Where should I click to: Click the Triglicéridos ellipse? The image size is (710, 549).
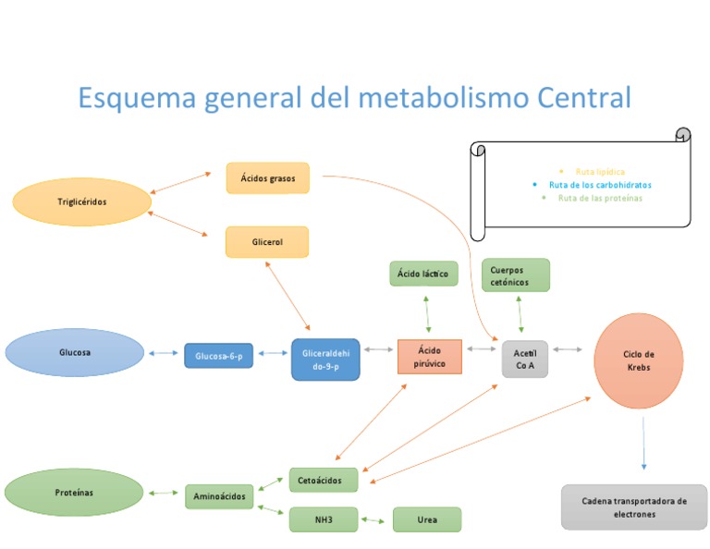pos(81,202)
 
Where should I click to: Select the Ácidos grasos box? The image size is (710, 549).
pos(267,178)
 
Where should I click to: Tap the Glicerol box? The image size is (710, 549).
pos(267,242)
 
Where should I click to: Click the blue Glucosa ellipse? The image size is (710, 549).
pos(75,353)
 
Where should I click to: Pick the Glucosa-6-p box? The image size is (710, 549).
pos(218,355)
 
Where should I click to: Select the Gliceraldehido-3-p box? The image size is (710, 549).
pos(325,360)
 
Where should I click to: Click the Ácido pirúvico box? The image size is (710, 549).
pos(429,357)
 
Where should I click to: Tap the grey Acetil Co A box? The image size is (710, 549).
pos(525,359)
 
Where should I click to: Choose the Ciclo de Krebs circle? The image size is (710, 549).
pos(639,360)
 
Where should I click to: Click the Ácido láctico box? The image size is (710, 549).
pos(422,274)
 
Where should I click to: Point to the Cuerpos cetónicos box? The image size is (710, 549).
pos(515,275)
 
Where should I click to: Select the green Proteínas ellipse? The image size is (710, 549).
pos(74,493)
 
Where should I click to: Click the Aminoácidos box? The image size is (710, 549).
pos(219,496)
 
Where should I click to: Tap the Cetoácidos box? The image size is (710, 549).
pos(323,480)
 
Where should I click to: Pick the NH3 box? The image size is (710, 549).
pos(323,519)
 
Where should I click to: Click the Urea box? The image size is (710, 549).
pos(426,519)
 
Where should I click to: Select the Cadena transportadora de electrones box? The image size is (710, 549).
pos(633,506)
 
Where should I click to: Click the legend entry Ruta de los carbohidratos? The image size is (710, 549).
pos(599,185)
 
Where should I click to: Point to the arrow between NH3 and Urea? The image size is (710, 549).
pos(373,520)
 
